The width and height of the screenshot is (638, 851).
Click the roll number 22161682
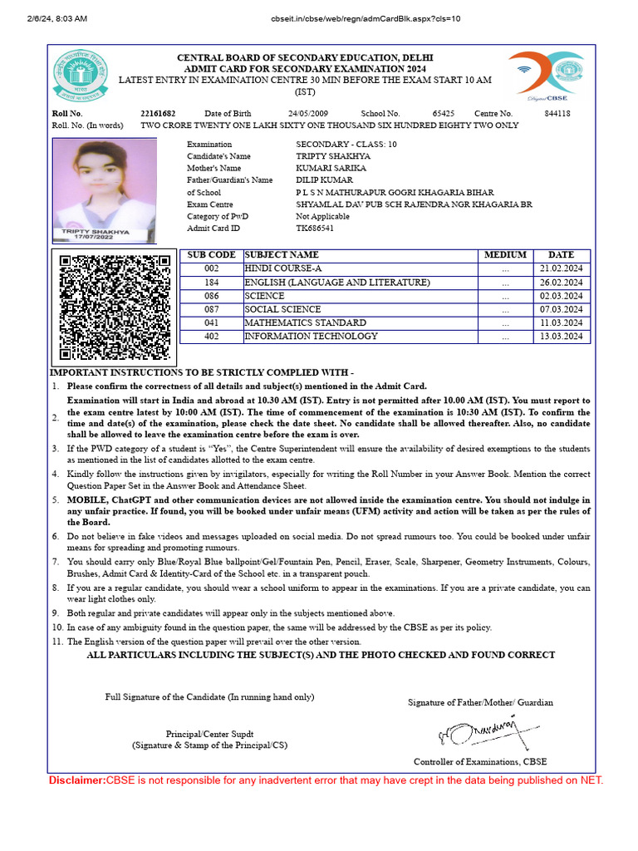[158, 113]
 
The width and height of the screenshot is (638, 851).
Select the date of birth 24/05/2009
[308, 113]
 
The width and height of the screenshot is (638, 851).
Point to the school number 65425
[444, 113]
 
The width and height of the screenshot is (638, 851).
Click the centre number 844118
[557, 113]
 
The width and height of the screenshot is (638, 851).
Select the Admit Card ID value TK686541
[316, 228]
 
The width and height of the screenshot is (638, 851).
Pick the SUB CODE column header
[211, 255]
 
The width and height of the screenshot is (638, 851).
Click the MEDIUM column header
[505, 255]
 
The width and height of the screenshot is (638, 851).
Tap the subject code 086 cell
[211, 296]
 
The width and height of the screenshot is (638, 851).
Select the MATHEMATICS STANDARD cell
[305, 322]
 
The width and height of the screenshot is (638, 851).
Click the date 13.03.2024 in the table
[562, 337]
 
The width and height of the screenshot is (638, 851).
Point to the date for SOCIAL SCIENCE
[562, 309]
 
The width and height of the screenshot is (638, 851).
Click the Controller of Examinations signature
[477, 732]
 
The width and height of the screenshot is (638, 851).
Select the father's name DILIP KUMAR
[324, 180]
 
